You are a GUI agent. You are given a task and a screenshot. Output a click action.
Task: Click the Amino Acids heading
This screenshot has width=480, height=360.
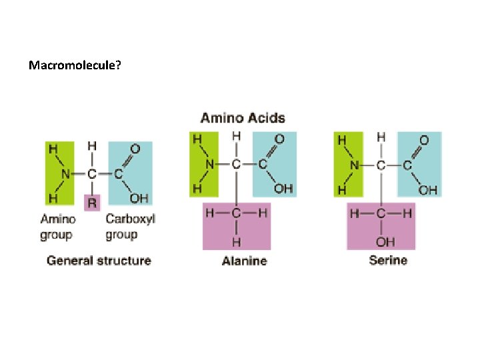pyautogui.click(x=243, y=119)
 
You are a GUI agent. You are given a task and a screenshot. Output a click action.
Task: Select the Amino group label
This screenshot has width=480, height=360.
pyautogui.click(x=58, y=227)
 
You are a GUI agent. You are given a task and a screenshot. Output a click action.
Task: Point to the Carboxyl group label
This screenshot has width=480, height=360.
pyautogui.click(x=130, y=227)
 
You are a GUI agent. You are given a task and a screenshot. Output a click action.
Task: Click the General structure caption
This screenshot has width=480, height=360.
pyautogui.click(x=99, y=261)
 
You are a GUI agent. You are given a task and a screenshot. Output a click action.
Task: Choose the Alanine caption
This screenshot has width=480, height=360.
pyautogui.click(x=244, y=261)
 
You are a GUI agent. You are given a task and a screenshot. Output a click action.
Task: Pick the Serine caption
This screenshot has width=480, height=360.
pyautogui.click(x=388, y=260)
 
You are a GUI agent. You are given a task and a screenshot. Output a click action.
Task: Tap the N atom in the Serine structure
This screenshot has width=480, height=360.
pyautogui.click(x=355, y=165)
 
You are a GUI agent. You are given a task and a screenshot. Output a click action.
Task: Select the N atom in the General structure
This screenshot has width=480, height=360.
pyautogui.click(x=65, y=173)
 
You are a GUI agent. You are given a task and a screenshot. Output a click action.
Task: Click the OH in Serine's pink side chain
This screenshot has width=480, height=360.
pyautogui.click(x=385, y=242)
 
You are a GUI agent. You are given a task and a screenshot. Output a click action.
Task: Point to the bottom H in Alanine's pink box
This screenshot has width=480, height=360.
pyautogui.click(x=237, y=241)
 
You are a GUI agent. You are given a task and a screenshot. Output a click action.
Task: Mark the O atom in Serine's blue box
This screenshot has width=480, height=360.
pyautogui.click(x=424, y=140)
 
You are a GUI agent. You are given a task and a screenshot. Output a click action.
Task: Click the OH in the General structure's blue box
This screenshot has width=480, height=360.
pyautogui.click(x=139, y=198)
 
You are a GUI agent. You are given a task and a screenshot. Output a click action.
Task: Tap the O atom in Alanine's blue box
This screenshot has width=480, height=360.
pyautogui.click(x=279, y=139)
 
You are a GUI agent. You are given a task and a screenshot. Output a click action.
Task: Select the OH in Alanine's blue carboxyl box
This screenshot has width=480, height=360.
pyautogui.click(x=283, y=189)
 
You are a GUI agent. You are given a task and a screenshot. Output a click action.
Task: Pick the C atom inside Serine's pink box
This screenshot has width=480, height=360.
pyautogui.click(x=381, y=213)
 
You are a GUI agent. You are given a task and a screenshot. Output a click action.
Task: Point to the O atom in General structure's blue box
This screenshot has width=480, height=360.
pyautogui.click(x=135, y=149)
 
